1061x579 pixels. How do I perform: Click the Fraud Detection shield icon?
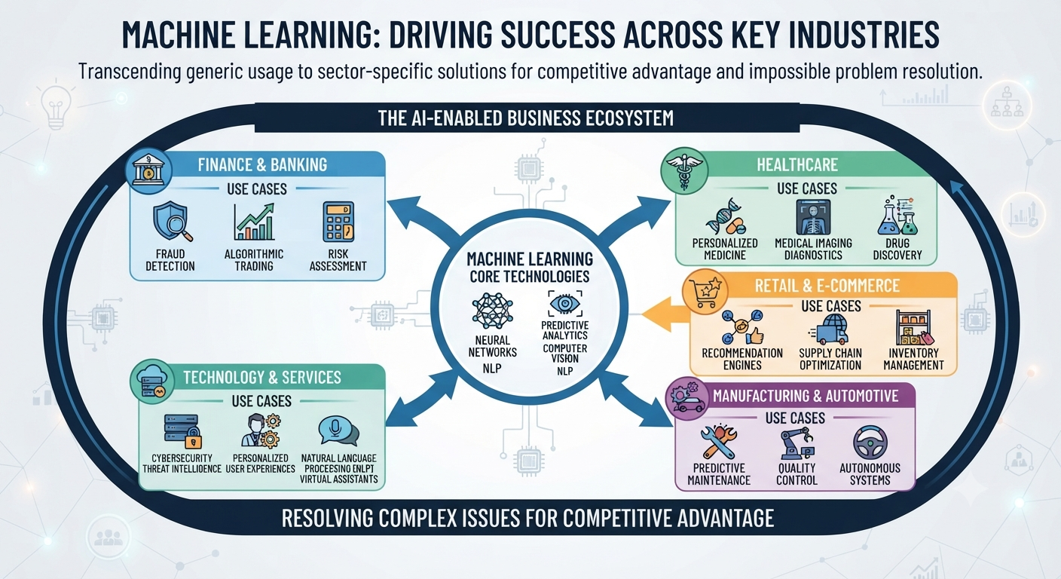click(173, 221)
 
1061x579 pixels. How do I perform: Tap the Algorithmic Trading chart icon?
click(254, 222)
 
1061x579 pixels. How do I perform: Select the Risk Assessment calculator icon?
click(338, 222)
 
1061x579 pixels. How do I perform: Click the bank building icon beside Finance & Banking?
click(148, 170)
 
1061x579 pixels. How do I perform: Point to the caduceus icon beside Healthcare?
click(684, 170)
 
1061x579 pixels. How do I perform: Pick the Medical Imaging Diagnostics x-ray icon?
click(813, 217)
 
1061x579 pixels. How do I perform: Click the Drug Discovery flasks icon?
click(897, 216)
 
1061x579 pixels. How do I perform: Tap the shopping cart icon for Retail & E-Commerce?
click(705, 292)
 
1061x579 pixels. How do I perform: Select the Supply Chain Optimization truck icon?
click(830, 329)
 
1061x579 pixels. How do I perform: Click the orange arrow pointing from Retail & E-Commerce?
click(665, 314)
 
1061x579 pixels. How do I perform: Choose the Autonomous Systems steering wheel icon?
click(870, 443)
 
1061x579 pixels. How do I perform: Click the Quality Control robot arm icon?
click(797, 443)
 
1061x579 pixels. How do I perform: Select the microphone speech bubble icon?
click(338, 430)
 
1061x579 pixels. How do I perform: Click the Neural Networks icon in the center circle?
click(492, 311)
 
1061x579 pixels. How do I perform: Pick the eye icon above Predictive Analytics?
click(565, 303)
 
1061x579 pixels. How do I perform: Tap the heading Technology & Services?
click(262, 377)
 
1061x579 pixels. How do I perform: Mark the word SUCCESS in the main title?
click(558, 34)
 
